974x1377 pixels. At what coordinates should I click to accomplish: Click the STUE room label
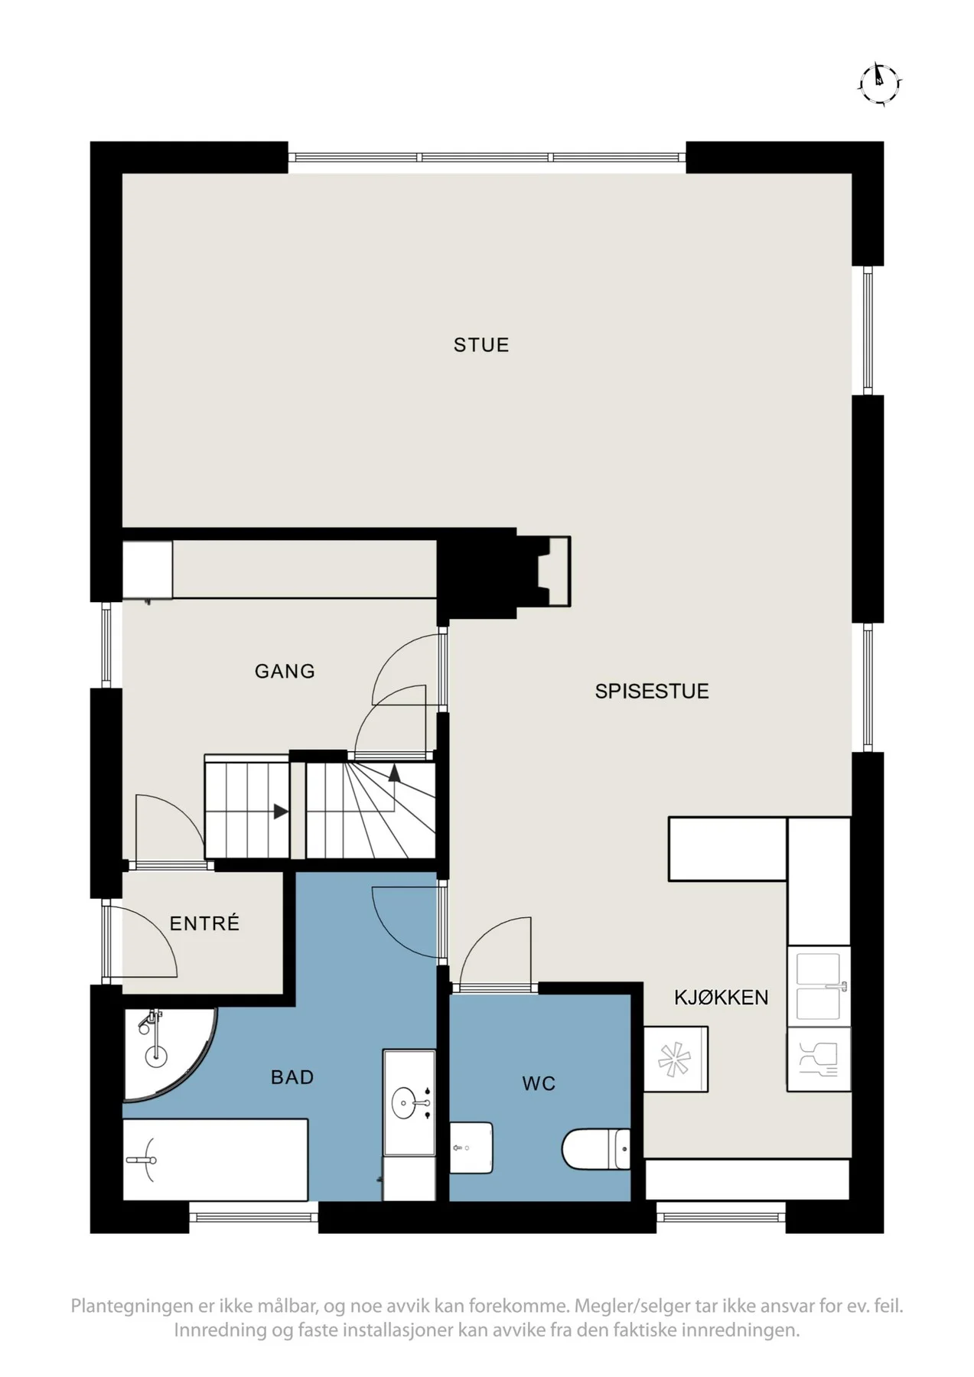point(480,345)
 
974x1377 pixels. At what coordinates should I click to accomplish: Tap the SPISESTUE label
point(652,692)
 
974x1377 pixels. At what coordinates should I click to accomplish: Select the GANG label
point(285,672)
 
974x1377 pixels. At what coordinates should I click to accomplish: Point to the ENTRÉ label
point(204,923)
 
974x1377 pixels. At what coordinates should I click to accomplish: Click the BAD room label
point(292,1078)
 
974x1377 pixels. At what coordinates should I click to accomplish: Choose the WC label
point(539,1084)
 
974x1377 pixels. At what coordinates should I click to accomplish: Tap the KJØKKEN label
point(721,998)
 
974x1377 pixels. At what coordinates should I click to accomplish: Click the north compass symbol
point(881,80)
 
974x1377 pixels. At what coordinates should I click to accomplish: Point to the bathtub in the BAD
point(215,1161)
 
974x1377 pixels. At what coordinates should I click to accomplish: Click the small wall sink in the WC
point(471,1147)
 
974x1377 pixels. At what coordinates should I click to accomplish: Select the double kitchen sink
point(819,986)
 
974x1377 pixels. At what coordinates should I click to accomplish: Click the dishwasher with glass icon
point(819,1059)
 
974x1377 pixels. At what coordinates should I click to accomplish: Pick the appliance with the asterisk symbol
point(676,1059)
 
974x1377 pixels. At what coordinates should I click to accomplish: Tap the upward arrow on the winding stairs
point(394,773)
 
